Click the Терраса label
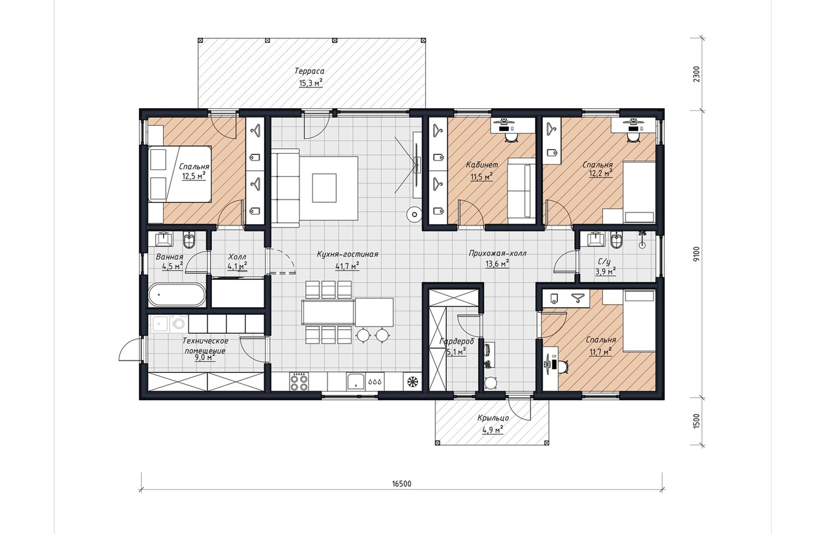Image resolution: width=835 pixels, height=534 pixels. pos(309,71)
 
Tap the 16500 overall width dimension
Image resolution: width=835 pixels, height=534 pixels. pos(401,484)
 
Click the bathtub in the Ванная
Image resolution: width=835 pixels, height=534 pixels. pos(177,295)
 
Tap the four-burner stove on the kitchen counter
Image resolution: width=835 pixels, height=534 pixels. pos(299,382)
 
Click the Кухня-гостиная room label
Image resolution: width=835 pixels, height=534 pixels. pos(348,254)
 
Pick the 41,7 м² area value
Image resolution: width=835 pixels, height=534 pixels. pos(347,265)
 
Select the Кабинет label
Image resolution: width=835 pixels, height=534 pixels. pos(481,165)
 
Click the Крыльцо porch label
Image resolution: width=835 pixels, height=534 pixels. pos(493,418)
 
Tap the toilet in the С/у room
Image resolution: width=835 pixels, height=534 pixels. pos(615,240)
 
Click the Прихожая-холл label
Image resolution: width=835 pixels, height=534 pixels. pos(498,254)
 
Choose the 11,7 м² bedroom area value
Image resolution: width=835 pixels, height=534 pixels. pos(601,351)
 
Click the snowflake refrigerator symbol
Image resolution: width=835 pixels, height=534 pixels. pos(412,382)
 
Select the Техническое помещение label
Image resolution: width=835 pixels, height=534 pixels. pos(205,346)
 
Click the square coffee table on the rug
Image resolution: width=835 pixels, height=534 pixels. pos(324,188)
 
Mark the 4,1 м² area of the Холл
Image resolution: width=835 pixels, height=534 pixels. pos(237,266)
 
